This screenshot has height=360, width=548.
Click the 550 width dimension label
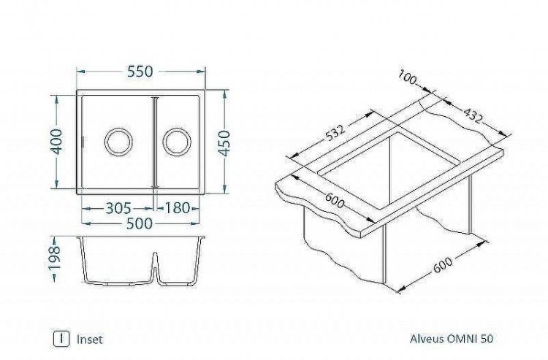140,72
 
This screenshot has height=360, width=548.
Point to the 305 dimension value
118,208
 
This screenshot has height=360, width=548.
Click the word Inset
89,339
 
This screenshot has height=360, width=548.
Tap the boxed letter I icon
62,339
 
